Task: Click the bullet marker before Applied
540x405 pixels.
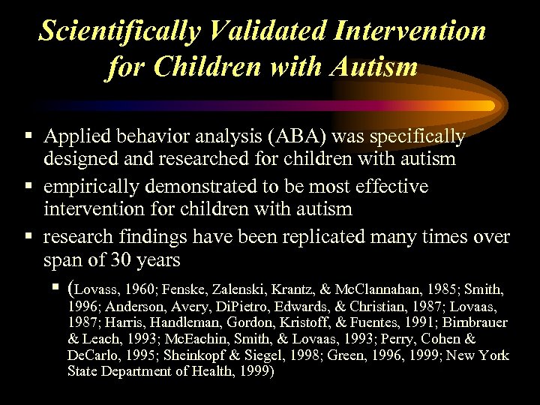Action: pos(28,136)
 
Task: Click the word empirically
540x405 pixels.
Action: pos(89,186)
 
